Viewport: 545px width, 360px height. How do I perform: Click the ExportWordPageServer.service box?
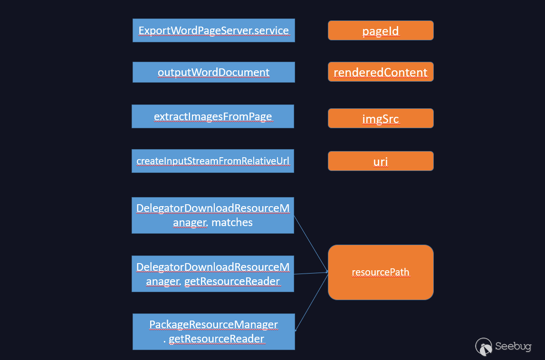tap(214, 30)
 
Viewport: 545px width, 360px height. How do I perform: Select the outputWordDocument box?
tap(214, 72)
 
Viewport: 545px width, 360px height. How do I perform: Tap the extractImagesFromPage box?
tap(213, 116)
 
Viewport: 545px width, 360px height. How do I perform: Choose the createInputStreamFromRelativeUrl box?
tap(213, 161)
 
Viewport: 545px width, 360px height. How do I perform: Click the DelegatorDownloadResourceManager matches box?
tap(213, 216)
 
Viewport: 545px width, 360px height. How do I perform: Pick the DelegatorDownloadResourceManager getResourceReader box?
tap(213, 274)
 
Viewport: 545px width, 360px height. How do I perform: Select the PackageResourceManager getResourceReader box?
tap(214, 332)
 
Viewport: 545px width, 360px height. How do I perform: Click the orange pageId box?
tap(381, 30)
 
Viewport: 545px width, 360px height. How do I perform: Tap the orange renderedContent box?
tap(381, 72)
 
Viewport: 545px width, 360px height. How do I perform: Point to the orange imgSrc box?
tap(381, 118)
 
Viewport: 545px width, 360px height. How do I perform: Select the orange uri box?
tap(381, 161)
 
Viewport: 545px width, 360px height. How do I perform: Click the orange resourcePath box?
tap(381, 273)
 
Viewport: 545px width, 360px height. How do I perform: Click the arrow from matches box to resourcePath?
tap(311, 244)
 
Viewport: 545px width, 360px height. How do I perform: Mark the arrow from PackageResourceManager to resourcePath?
tap(312, 301)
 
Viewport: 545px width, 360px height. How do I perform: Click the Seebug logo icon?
tap(484, 347)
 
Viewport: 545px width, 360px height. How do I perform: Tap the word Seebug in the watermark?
tap(513, 346)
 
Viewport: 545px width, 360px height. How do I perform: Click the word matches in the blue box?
tap(232, 222)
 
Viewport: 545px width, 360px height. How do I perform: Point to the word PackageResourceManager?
tap(213, 324)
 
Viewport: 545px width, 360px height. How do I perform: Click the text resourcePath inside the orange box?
tap(381, 272)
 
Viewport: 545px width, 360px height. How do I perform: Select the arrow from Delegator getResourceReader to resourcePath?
tap(311, 273)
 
